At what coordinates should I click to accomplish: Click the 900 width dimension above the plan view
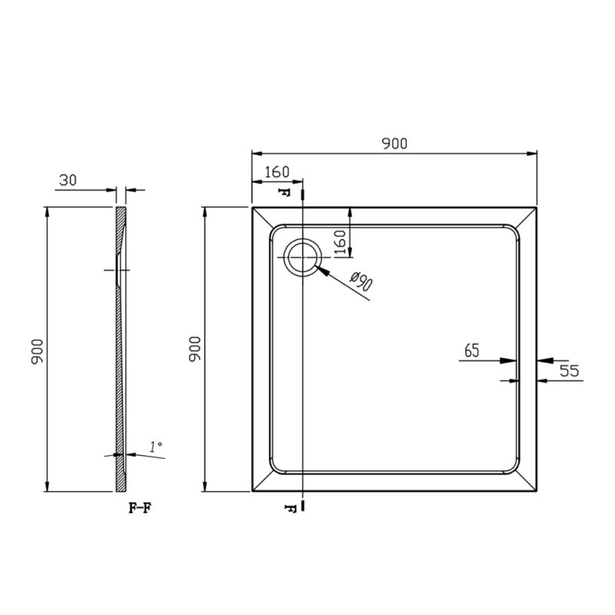coord(394,144)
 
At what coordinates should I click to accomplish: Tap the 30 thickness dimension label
coord(68,180)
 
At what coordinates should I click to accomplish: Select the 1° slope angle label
coord(156,447)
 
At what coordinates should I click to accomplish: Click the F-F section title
coord(140,508)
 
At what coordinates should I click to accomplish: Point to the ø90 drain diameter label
coord(361,281)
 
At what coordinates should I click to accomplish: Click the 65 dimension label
coord(472,351)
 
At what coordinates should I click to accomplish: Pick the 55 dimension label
coord(569,371)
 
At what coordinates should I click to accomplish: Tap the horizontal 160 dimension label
coord(277,171)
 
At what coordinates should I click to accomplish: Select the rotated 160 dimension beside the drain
coord(340,242)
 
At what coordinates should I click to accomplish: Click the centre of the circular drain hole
coord(302,258)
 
